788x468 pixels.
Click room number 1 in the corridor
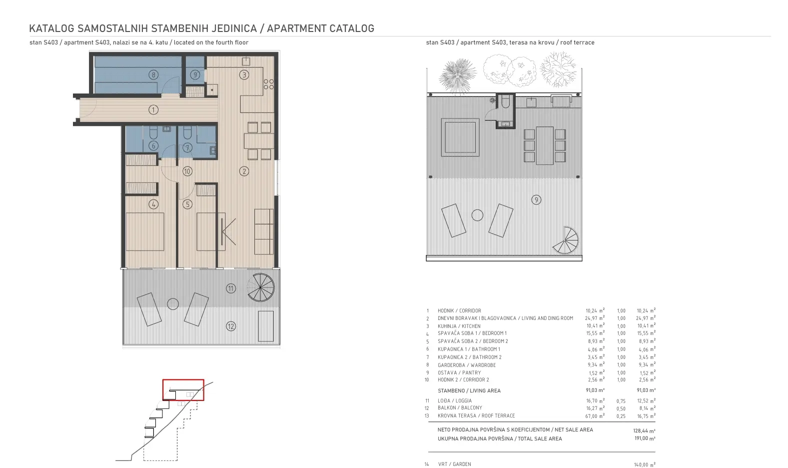coord(153,110)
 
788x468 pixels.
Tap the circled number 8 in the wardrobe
coord(153,74)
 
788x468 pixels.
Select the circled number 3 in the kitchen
coord(244,75)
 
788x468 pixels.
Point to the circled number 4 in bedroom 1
coord(153,204)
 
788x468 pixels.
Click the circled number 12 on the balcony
coord(231,326)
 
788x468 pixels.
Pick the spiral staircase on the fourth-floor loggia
coord(261,287)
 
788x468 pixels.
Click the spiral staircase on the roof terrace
coord(565,240)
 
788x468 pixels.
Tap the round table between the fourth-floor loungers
coord(173,304)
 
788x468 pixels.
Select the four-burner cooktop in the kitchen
coord(268,84)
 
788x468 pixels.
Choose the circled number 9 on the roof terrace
coord(536,200)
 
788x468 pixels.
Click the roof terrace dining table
coord(545,145)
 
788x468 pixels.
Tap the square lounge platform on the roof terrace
coord(460,137)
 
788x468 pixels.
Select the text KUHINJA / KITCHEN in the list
coord(459,326)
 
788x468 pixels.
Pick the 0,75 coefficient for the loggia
coord(621,401)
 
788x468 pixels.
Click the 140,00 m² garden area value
coord(645,464)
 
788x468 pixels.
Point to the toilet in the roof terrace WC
coord(506,102)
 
